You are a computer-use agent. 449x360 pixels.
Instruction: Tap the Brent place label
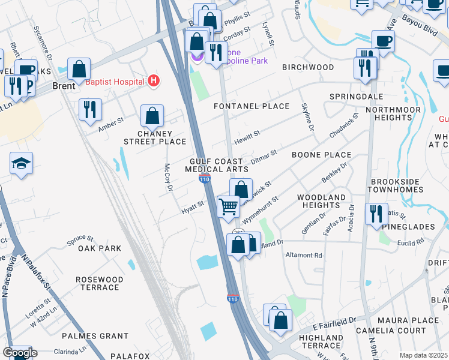(x=64, y=86)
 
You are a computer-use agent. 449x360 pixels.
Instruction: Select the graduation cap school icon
(x=21, y=163)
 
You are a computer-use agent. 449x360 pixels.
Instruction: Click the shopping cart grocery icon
(x=228, y=206)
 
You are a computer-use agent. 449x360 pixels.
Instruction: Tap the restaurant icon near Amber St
(x=89, y=109)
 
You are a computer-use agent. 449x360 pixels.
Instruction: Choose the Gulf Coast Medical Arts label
(x=216, y=166)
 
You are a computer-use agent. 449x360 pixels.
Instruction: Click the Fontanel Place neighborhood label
(x=252, y=106)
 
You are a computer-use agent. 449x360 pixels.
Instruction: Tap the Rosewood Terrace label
(x=100, y=283)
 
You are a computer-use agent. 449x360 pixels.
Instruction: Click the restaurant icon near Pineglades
(x=376, y=214)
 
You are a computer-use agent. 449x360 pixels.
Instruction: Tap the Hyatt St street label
(x=193, y=207)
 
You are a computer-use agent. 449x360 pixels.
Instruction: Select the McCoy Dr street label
(x=168, y=179)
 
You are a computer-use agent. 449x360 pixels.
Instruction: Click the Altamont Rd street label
(x=304, y=255)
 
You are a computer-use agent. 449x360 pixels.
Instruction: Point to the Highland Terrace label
(x=320, y=341)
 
